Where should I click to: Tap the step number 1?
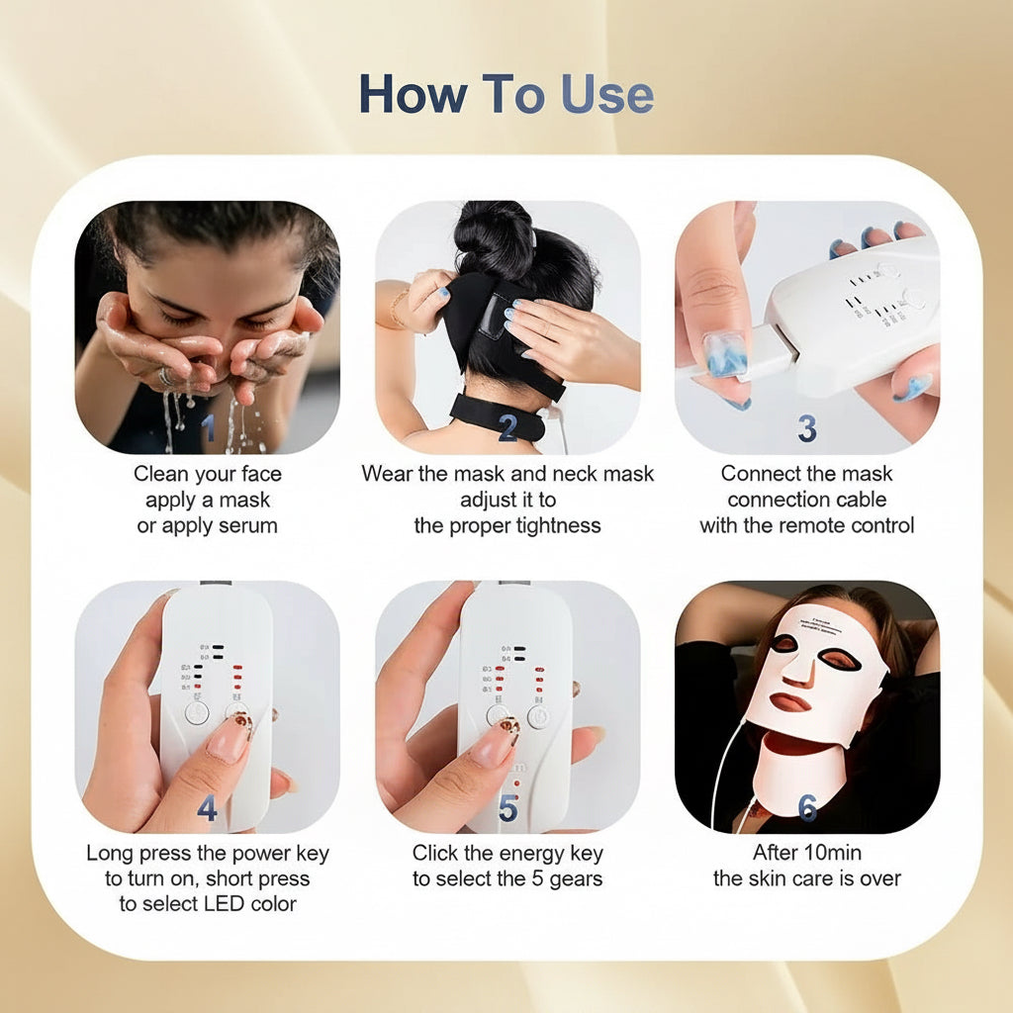[208, 427]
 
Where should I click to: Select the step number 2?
[507, 427]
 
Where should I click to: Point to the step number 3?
[807, 427]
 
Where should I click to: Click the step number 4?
[207, 808]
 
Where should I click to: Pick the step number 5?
[507, 808]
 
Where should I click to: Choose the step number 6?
[807, 808]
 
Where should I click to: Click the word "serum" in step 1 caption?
[242, 525]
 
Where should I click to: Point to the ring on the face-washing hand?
[166, 377]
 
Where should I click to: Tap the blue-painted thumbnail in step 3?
[725, 353]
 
